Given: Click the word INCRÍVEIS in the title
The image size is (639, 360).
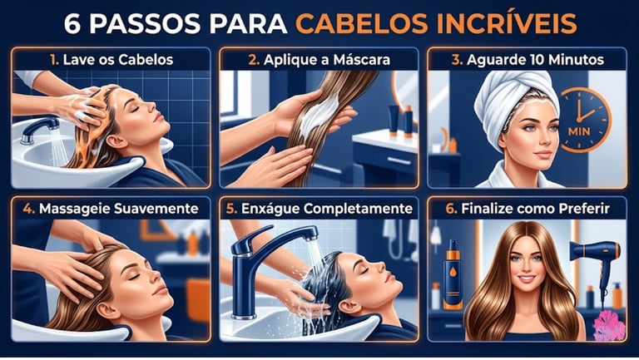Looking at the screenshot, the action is tap(507, 23).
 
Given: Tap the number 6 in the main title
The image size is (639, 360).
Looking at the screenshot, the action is tap(72, 24).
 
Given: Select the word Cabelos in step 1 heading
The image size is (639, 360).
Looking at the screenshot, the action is tap(146, 60).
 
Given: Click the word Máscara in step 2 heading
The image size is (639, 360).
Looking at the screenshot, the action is tap(361, 60).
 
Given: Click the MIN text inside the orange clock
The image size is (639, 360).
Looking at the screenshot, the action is tap(579, 132).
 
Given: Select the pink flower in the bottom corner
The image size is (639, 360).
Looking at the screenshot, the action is tap(609, 326).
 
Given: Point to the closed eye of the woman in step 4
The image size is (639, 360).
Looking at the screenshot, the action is tap(135, 277).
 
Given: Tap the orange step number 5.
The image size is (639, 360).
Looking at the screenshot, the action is tap(231, 209).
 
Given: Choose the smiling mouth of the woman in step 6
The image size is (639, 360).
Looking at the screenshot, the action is tap(527, 279).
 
